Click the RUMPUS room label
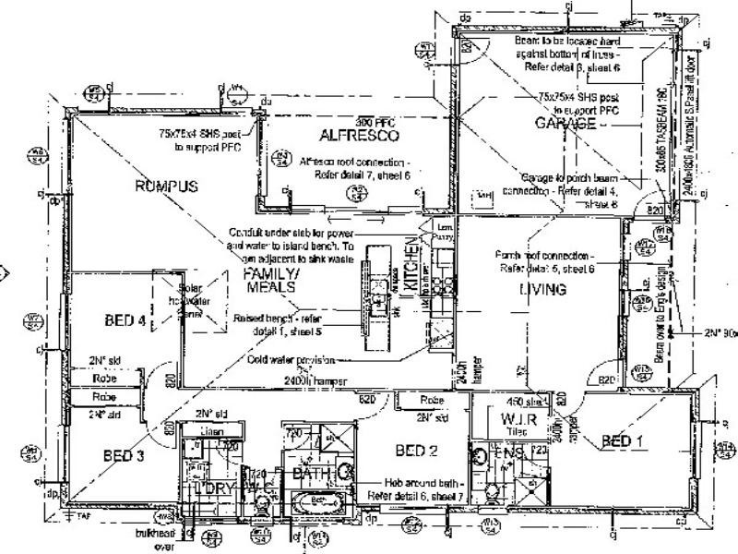pyautogui.click(x=167, y=187)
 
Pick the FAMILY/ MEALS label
pyautogui.click(x=269, y=281)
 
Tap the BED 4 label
pyautogui.click(x=123, y=321)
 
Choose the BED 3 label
pyautogui.click(x=125, y=454)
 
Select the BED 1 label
pyautogui.click(x=623, y=440)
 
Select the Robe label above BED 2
pyautogui.click(x=431, y=401)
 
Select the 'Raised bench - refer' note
pyautogui.click(x=273, y=317)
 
